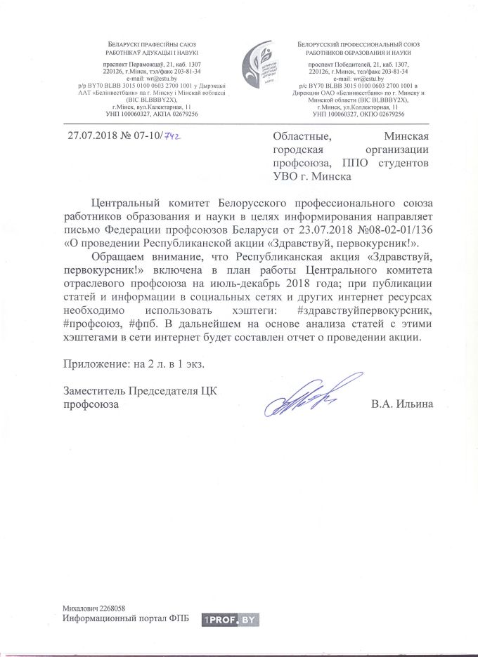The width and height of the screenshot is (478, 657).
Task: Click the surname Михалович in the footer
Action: point(78,608)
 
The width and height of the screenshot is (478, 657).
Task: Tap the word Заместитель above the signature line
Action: point(92,391)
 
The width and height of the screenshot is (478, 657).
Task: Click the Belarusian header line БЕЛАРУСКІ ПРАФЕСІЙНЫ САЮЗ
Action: point(148,44)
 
